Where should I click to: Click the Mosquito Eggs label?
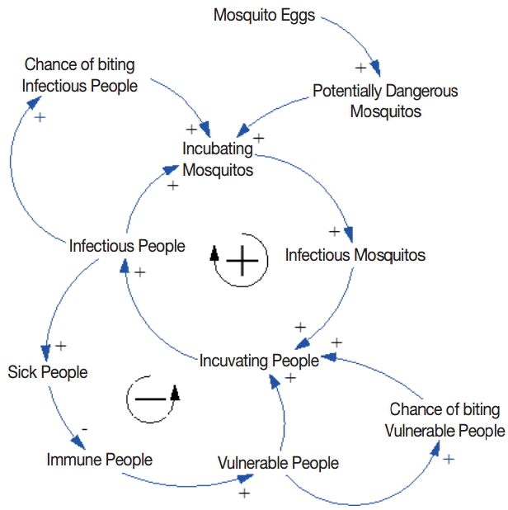coord(264,15)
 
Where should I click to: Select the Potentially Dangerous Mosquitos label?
coord(385,101)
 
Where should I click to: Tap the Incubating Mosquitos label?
coord(218,159)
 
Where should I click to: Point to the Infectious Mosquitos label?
coord(355,255)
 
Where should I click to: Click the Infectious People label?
coord(127,246)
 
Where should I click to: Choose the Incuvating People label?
coord(258,361)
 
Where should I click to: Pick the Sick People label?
coord(47,372)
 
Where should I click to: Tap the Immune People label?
coord(99,459)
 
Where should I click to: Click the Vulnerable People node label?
coord(278,463)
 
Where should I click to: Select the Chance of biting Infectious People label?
coord(79,74)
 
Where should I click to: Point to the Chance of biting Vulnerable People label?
coord(445,420)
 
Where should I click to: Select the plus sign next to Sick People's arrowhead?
coord(60,345)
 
